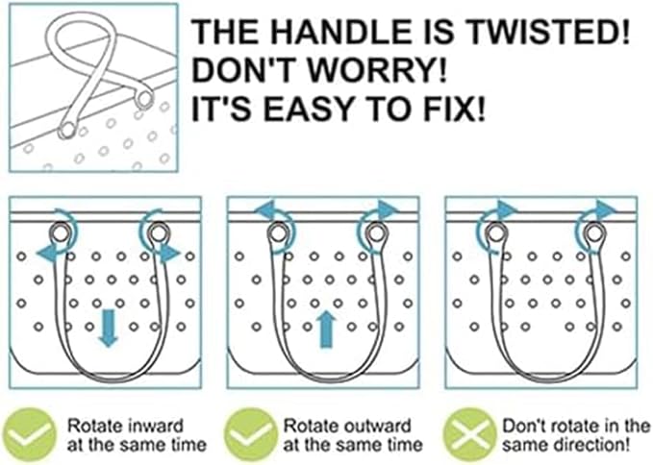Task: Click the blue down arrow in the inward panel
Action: click(x=109, y=328)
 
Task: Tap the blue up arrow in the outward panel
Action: click(x=327, y=329)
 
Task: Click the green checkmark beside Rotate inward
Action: click(x=29, y=434)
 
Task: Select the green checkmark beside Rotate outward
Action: click(x=250, y=434)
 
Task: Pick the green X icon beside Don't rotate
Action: click(x=469, y=434)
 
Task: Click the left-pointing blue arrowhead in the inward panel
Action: click(x=46, y=254)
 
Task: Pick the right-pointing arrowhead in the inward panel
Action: click(x=170, y=254)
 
